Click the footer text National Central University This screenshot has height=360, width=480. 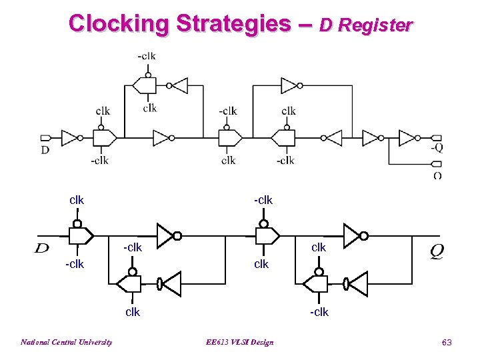click(x=66, y=342)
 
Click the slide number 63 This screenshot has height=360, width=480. click(x=447, y=342)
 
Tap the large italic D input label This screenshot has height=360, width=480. click(x=42, y=249)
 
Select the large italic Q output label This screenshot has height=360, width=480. click(x=438, y=251)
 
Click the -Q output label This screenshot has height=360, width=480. click(x=437, y=148)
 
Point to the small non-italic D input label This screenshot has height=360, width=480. click(x=45, y=150)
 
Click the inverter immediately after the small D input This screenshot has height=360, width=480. click(x=70, y=138)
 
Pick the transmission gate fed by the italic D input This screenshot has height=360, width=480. click(x=80, y=235)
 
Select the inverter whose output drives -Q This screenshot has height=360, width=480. click(x=409, y=138)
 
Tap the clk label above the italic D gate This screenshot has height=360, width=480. click(x=77, y=200)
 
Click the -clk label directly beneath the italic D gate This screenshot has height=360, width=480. click(x=75, y=265)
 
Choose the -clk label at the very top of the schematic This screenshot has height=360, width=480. click(x=147, y=56)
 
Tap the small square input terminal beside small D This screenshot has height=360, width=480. click(x=45, y=138)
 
